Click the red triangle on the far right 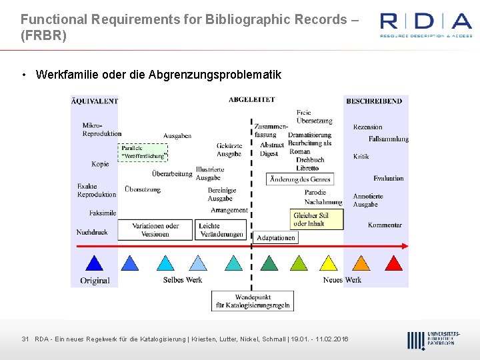[394, 263]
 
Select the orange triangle [361, 263]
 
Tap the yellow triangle [328, 263]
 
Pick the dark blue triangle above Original [94, 263]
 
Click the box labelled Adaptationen [276, 237]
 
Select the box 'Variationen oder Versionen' [155, 230]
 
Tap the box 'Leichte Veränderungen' [221, 230]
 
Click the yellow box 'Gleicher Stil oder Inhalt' [317, 219]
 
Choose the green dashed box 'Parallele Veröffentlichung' [143, 153]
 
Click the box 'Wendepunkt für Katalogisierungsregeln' [253, 301]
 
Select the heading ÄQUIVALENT [94, 101]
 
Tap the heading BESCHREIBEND [374, 101]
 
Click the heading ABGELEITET [251, 100]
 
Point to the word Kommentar [385, 225]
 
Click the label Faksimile [103, 213]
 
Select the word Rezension [367, 127]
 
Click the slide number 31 [25, 340]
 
